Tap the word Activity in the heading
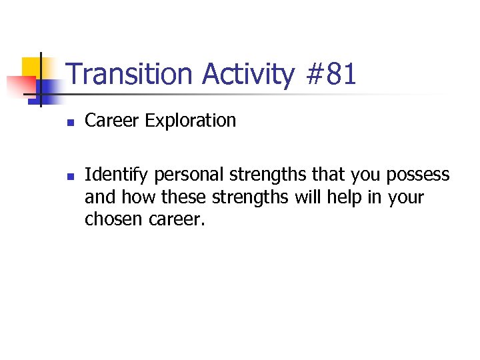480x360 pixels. click(248, 75)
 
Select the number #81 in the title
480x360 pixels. click(331, 75)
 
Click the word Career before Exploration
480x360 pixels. click(112, 121)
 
